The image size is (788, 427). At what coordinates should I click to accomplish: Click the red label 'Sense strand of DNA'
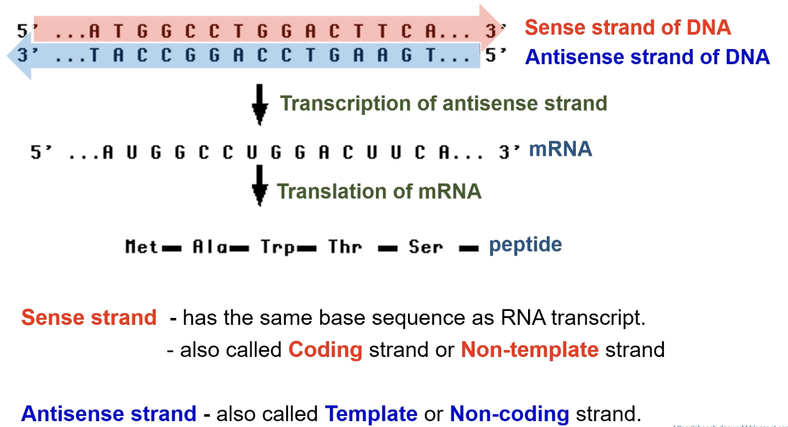point(627,27)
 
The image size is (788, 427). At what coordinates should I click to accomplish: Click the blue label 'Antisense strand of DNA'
point(647,57)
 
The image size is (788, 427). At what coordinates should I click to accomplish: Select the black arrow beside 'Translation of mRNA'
point(260,185)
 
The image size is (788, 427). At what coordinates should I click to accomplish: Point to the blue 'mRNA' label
point(560,150)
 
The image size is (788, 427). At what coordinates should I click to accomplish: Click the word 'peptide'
point(525,244)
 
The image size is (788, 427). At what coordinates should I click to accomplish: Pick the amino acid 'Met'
point(142,247)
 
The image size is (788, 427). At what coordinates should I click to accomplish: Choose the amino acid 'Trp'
point(277,247)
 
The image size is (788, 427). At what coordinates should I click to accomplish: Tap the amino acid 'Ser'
point(425,247)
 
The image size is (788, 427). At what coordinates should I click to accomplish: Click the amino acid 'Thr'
point(344,247)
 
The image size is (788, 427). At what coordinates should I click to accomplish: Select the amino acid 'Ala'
point(210,247)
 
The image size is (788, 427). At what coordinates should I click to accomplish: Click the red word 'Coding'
point(325,350)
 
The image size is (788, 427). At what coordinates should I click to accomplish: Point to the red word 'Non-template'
point(529,350)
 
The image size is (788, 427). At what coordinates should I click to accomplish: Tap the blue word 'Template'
point(371,414)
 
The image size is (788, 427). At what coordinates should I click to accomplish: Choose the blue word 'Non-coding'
point(509,414)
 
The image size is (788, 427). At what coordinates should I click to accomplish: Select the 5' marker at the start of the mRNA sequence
point(41,153)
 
